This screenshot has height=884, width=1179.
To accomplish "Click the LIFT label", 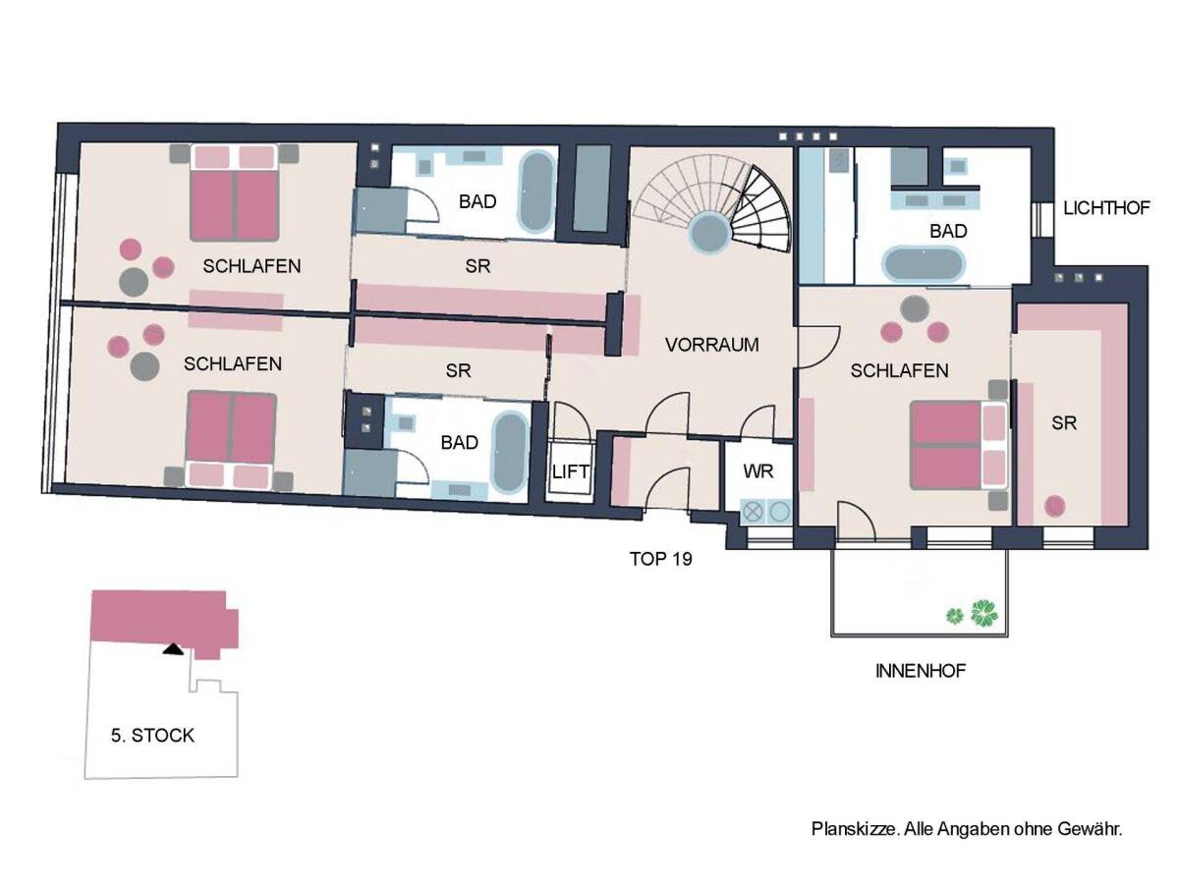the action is [x=570, y=471].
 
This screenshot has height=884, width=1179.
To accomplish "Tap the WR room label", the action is [x=758, y=470].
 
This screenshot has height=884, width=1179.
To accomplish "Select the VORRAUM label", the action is [x=711, y=345].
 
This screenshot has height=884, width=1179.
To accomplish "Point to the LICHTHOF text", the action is [x=1106, y=208].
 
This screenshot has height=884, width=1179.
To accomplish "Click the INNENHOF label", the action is [x=920, y=671].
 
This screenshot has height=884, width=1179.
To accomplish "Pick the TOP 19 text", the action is [x=660, y=559].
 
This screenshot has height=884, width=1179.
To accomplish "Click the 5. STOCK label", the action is [x=152, y=736].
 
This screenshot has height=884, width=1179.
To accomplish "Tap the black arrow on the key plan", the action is [x=173, y=649].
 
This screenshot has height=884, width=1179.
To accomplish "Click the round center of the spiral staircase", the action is [x=710, y=233].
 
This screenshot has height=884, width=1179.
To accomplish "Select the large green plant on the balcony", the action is [x=984, y=613].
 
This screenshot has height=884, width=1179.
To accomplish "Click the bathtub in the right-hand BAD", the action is [x=924, y=264].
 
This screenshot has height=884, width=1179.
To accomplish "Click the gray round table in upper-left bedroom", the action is [x=134, y=281].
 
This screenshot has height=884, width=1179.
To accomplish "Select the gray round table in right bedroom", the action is [x=914, y=308].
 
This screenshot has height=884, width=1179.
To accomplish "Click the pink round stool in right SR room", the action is [x=1055, y=506].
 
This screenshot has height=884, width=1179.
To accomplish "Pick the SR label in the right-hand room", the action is [x=1063, y=423].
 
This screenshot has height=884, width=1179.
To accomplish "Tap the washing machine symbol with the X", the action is [x=753, y=511].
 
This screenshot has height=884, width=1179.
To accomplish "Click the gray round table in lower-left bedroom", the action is [x=145, y=366].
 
